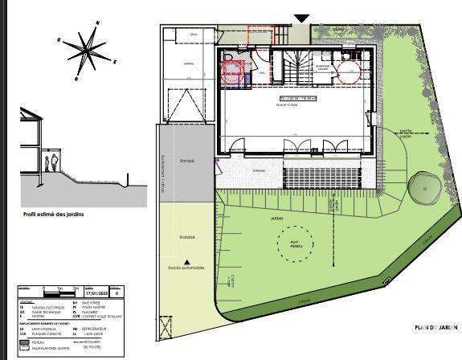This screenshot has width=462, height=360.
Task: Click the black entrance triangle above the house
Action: click(x=301, y=18)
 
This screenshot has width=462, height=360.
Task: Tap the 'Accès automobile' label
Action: click(x=186, y=267)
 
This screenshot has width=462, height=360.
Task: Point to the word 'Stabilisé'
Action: click(x=187, y=237)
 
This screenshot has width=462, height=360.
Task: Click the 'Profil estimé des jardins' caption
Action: click(x=55, y=214)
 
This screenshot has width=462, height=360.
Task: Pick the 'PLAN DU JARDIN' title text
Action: click(x=435, y=327)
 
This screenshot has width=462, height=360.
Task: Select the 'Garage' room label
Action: click(x=190, y=63)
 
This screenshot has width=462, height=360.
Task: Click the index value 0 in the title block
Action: click(x=119, y=294)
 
